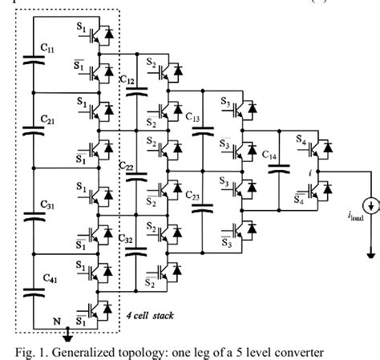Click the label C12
[127, 80]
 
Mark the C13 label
[194, 120]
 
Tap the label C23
[193, 195]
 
